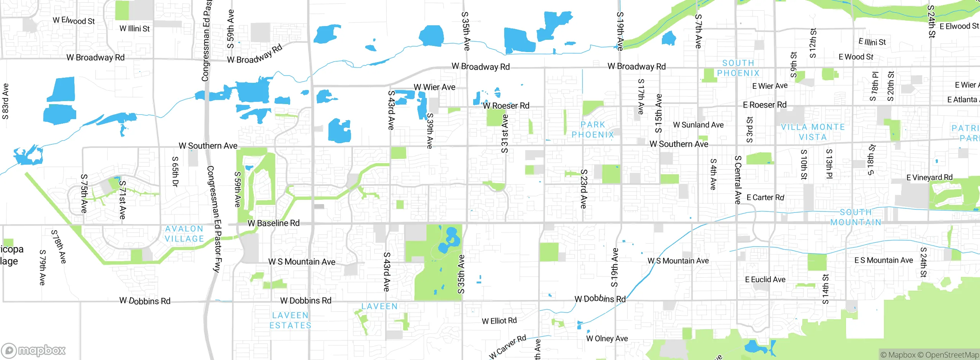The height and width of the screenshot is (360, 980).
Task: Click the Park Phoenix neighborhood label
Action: pos(593,130)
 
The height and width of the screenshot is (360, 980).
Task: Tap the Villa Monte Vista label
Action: pos(813,132)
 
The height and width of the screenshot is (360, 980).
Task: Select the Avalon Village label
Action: pos(184,234)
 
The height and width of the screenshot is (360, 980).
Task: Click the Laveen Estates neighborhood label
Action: pos(290,321)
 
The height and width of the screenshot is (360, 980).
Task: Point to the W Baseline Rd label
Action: pos(273,223)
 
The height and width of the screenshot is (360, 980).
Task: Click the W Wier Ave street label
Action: pos(434,87)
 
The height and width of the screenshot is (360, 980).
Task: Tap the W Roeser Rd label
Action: pos(506,106)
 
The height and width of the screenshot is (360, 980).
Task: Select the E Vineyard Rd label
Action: pos(929,177)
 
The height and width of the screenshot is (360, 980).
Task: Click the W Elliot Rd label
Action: pos(499,321)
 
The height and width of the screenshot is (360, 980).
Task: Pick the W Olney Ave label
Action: pos(607,339)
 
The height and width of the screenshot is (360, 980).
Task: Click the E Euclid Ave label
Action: pos(765,280)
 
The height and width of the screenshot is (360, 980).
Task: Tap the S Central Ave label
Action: pos(738,180)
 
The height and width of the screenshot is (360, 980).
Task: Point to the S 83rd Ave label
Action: pos(5,101)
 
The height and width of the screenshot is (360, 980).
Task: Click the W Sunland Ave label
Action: pos(698,125)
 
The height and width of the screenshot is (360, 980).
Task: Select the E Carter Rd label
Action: pos(765,198)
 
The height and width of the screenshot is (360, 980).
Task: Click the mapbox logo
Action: pos(34,350)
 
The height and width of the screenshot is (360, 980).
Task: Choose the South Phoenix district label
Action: pos(738,68)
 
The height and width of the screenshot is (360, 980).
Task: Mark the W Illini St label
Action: pos(134,29)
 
